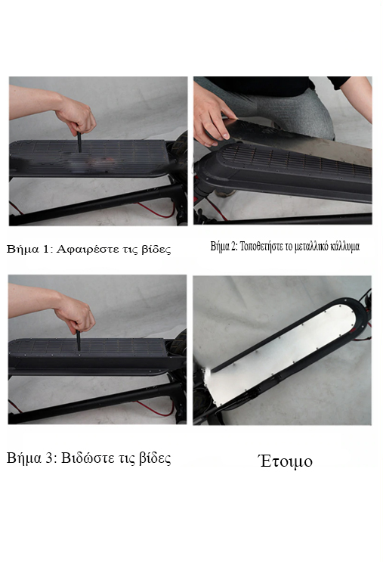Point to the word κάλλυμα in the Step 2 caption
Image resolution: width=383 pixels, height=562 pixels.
click(x=345, y=247)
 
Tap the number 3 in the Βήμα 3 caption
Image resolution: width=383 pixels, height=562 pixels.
click(x=49, y=458)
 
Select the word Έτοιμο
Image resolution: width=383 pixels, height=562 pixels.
click(x=286, y=461)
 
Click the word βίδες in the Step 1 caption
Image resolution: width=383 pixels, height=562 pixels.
click(x=156, y=249)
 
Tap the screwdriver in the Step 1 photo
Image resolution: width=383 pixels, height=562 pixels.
click(x=79, y=141)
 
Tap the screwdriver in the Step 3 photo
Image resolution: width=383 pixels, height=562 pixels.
click(x=78, y=340)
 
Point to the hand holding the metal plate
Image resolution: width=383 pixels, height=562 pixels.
click(x=212, y=118)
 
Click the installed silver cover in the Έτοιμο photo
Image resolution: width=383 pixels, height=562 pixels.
click(x=283, y=351)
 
